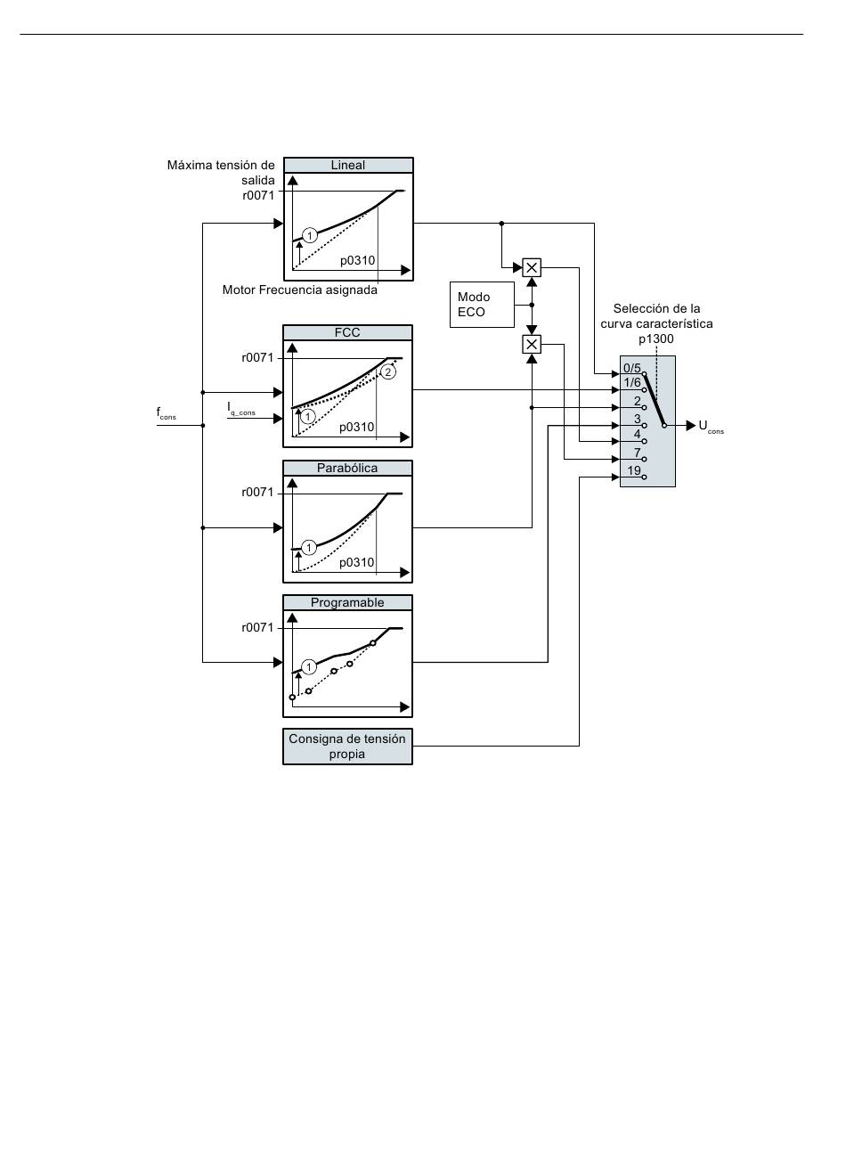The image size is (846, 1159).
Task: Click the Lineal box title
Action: point(348,165)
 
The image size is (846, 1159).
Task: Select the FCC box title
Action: point(347,332)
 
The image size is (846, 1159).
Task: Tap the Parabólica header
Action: point(347,468)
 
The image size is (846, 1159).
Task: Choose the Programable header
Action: point(347,602)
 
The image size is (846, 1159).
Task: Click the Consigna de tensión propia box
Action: point(347,747)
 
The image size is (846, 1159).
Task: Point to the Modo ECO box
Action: point(482,305)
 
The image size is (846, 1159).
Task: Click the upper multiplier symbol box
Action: point(532,267)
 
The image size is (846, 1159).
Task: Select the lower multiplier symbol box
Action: point(532,344)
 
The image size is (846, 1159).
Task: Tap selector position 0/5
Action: point(632,368)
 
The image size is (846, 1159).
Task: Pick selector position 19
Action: point(634,470)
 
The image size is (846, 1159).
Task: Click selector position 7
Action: point(637,453)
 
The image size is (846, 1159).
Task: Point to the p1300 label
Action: point(655,339)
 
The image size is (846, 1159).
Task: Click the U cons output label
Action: point(711,427)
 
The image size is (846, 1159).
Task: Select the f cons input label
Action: point(166,412)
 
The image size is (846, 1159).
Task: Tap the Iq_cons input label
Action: point(241,409)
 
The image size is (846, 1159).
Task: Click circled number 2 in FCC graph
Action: point(388,371)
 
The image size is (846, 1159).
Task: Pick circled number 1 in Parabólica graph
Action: point(309,547)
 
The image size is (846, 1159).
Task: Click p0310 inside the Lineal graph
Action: point(357,260)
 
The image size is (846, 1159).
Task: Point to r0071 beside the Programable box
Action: point(257,627)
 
